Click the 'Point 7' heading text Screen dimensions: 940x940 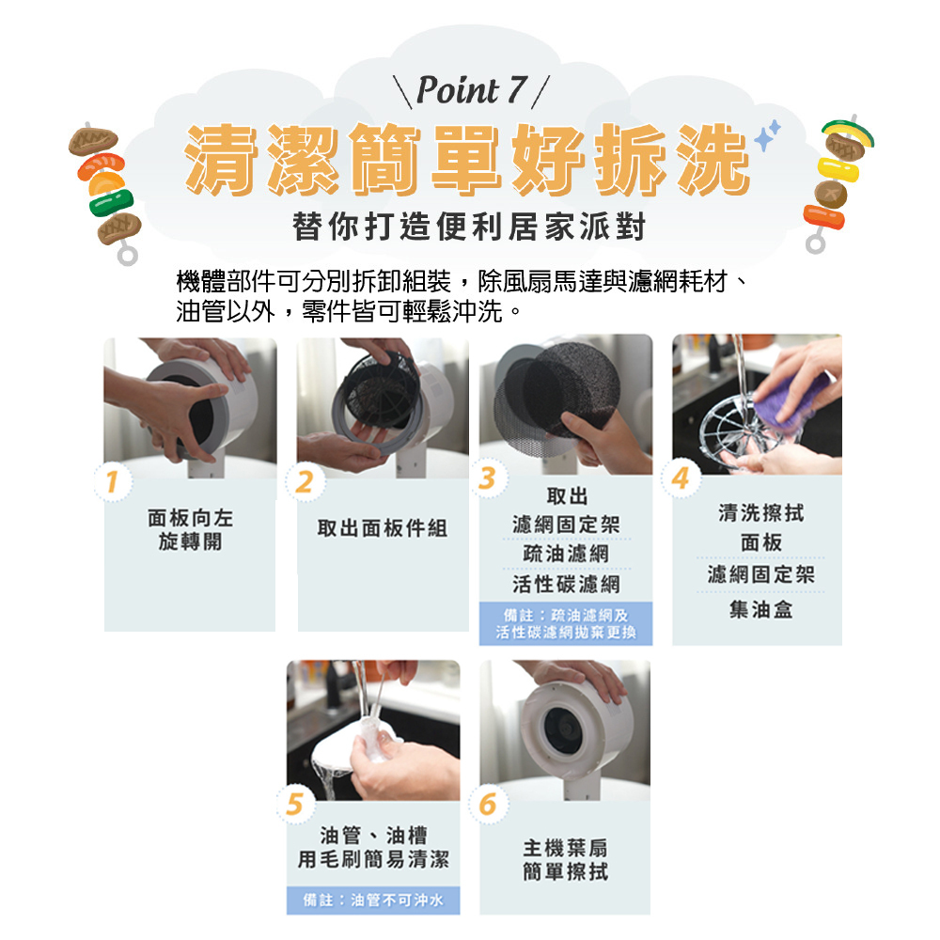pyautogui.click(x=472, y=90)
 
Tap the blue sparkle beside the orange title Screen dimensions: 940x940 pyautogui.click(x=767, y=135)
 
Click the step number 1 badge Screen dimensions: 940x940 pyautogui.click(x=112, y=481)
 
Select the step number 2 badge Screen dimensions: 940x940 pyautogui.click(x=305, y=481)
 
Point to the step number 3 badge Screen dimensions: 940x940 pyautogui.click(x=488, y=478)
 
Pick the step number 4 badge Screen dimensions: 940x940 pyautogui.click(x=681, y=478)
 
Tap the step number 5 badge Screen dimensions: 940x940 pyautogui.click(x=295, y=804)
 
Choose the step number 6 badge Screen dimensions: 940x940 pyautogui.click(x=488, y=804)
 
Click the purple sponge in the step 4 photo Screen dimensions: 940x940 pyautogui.click(x=791, y=399)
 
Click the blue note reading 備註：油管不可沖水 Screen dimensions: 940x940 pyautogui.click(x=373, y=900)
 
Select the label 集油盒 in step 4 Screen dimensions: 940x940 pyautogui.click(x=760, y=610)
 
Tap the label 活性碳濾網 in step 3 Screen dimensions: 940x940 pyautogui.click(x=566, y=584)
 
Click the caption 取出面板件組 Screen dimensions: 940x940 pyautogui.click(x=383, y=528)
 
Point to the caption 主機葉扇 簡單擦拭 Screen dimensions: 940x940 pyautogui.click(x=565, y=860)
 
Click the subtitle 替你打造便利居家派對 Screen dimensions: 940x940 pyautogui.click(x=469, y=227)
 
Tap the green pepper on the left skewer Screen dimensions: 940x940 pyautogui.click(x=112, y=203)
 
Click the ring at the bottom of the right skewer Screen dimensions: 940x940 pyautogui.click(x=815, y=243)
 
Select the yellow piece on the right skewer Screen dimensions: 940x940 pyautogui.click(x=838, y=168)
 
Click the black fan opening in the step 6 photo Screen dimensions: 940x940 pyautogui.click(x=563, y=728)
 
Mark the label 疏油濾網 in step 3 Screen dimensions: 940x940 pyautogui.click(x=566, y=554)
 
